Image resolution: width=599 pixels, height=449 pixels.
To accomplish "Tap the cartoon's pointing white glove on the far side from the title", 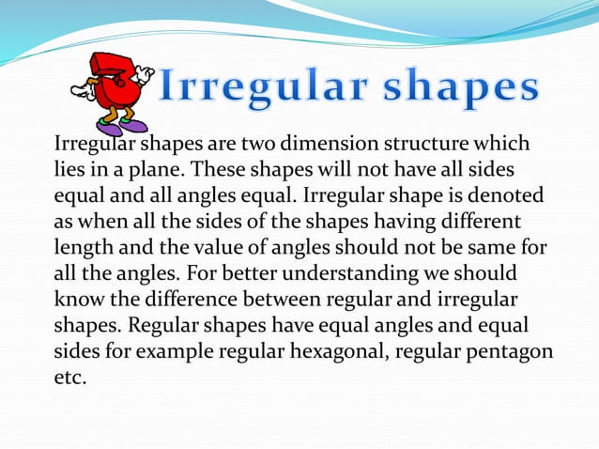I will pyautogui.click(x=80, y=92).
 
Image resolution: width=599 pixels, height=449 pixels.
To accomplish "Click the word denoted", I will pyautogui.click(x=505, y=194).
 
